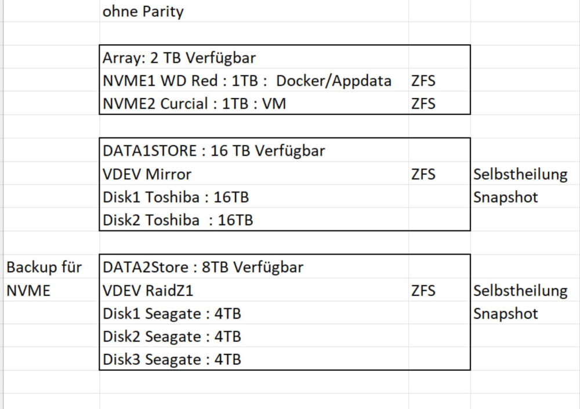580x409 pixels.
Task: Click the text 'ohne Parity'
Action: point(143,12)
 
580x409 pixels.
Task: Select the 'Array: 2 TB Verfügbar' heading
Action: point(179,58)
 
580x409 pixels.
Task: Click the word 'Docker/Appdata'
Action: point(333,81)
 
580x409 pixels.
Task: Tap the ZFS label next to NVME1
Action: point(423,81)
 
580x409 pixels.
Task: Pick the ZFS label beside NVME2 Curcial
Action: point(423,104)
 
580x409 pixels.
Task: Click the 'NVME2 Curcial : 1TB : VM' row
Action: point(194,104)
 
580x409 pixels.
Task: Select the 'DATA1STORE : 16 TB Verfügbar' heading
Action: point(214,151)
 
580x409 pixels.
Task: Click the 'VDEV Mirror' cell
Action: point(147,175)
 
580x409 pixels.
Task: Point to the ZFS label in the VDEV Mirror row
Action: point(423,175)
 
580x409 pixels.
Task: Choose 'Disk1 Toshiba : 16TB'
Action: point(176,197)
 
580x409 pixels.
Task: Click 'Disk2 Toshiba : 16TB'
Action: point(178,220)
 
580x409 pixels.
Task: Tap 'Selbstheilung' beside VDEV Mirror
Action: point(520,175)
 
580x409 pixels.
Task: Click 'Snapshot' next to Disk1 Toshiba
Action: point(506,198)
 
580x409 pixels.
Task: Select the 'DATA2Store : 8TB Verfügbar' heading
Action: point(203,267)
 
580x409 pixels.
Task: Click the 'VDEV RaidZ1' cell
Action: point(148,291)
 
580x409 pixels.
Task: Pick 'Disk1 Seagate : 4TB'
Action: point(172,314)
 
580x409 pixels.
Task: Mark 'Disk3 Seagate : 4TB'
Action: point(172,360)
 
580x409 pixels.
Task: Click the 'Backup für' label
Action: point(44,267)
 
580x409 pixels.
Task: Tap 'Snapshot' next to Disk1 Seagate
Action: point(506,314)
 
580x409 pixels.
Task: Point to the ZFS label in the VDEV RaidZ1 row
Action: point(423,291)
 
